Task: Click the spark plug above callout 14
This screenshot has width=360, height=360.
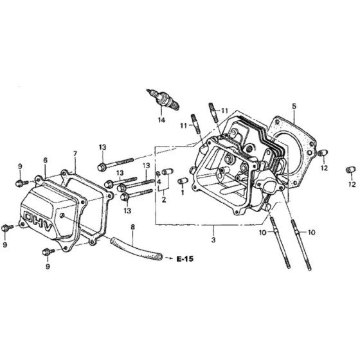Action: pos(163,100)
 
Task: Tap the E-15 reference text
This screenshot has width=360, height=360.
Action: pos(185,259)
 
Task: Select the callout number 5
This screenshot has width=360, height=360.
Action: pos(294,106)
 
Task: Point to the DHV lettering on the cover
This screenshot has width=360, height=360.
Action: pos(38,221)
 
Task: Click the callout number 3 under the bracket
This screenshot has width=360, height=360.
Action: pos(213,240)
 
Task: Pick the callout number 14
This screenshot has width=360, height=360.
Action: pos(161,120)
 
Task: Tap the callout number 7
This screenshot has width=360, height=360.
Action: pos(75,154)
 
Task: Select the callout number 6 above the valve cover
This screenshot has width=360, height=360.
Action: pos(45,160)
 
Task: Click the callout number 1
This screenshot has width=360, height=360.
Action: pos(183,192)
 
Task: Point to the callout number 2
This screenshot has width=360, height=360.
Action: pos(164,199)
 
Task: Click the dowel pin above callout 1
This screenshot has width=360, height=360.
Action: pos(183,181)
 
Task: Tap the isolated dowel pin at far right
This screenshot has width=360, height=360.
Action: pos(350,170)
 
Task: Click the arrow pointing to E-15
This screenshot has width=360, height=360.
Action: pos(170,258)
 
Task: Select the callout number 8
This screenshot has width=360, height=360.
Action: pos(132,227)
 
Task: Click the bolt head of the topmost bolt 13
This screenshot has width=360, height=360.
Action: pos(102,167)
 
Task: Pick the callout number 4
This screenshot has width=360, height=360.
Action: pos(159,182)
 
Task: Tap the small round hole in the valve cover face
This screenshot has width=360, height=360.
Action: pos(62,215)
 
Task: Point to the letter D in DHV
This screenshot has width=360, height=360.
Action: pos(29,217)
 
